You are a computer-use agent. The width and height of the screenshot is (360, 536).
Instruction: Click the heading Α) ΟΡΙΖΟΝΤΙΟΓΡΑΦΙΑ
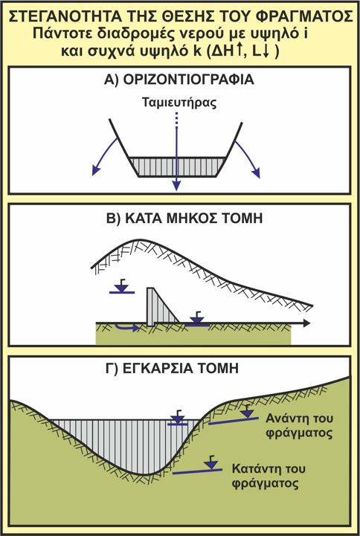pos(179,80)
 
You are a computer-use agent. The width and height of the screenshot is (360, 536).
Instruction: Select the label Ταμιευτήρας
pos(179,103)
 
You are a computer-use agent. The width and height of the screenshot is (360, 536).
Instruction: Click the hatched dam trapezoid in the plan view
pos(178,167)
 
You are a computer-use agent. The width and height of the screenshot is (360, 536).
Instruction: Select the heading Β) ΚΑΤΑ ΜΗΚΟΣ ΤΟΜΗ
pos(185,218)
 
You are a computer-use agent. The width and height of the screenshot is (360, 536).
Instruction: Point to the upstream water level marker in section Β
pos(122,287)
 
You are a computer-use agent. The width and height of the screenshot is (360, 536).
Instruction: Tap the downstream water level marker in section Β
pos(197,319)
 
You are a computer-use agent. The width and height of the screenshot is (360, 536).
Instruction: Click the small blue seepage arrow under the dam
pos(126,328)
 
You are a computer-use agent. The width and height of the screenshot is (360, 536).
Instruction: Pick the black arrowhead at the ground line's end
pos(306,323)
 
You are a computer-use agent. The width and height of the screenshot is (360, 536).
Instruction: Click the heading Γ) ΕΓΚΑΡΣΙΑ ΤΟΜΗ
pos(173,369)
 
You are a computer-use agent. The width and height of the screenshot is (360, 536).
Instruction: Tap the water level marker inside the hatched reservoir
pos(178,419)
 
